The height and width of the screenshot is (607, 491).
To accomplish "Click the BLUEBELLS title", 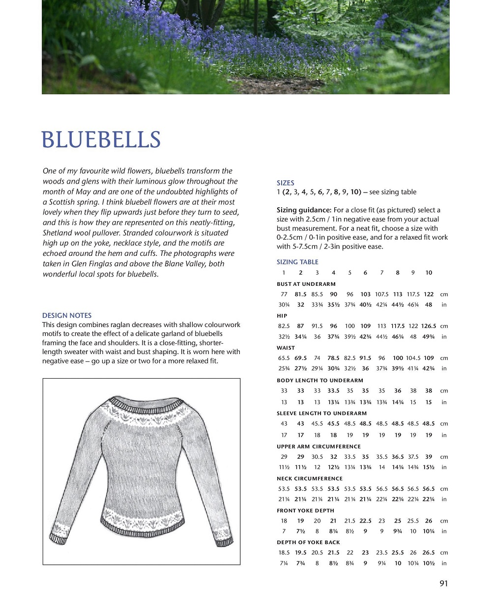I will [101, 139].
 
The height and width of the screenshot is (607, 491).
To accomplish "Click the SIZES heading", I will [285, 183].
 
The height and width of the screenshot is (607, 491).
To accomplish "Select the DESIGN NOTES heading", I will [67, 315].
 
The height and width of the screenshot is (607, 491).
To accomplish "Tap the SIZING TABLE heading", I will [297, 262].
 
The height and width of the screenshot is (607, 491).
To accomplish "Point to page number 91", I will [444, 583].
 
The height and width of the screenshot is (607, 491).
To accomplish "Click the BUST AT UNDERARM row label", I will [306, 284].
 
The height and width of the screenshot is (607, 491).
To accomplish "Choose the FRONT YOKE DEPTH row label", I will [305, 510].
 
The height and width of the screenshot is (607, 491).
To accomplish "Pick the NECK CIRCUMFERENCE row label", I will [310, 478].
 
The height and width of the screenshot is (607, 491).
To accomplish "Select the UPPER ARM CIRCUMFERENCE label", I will [318, 446].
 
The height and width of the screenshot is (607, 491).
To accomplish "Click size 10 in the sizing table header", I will [429, 273].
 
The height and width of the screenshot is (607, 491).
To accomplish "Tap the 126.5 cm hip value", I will [428, 326].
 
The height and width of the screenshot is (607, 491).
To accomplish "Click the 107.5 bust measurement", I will [381, 294].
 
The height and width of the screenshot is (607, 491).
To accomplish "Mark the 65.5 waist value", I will [284, 358].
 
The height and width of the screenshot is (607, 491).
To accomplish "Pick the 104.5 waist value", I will [413, 358].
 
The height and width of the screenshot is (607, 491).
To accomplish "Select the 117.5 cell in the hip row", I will [398, 326].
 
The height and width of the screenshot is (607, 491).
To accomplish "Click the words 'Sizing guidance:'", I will [304, 210].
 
